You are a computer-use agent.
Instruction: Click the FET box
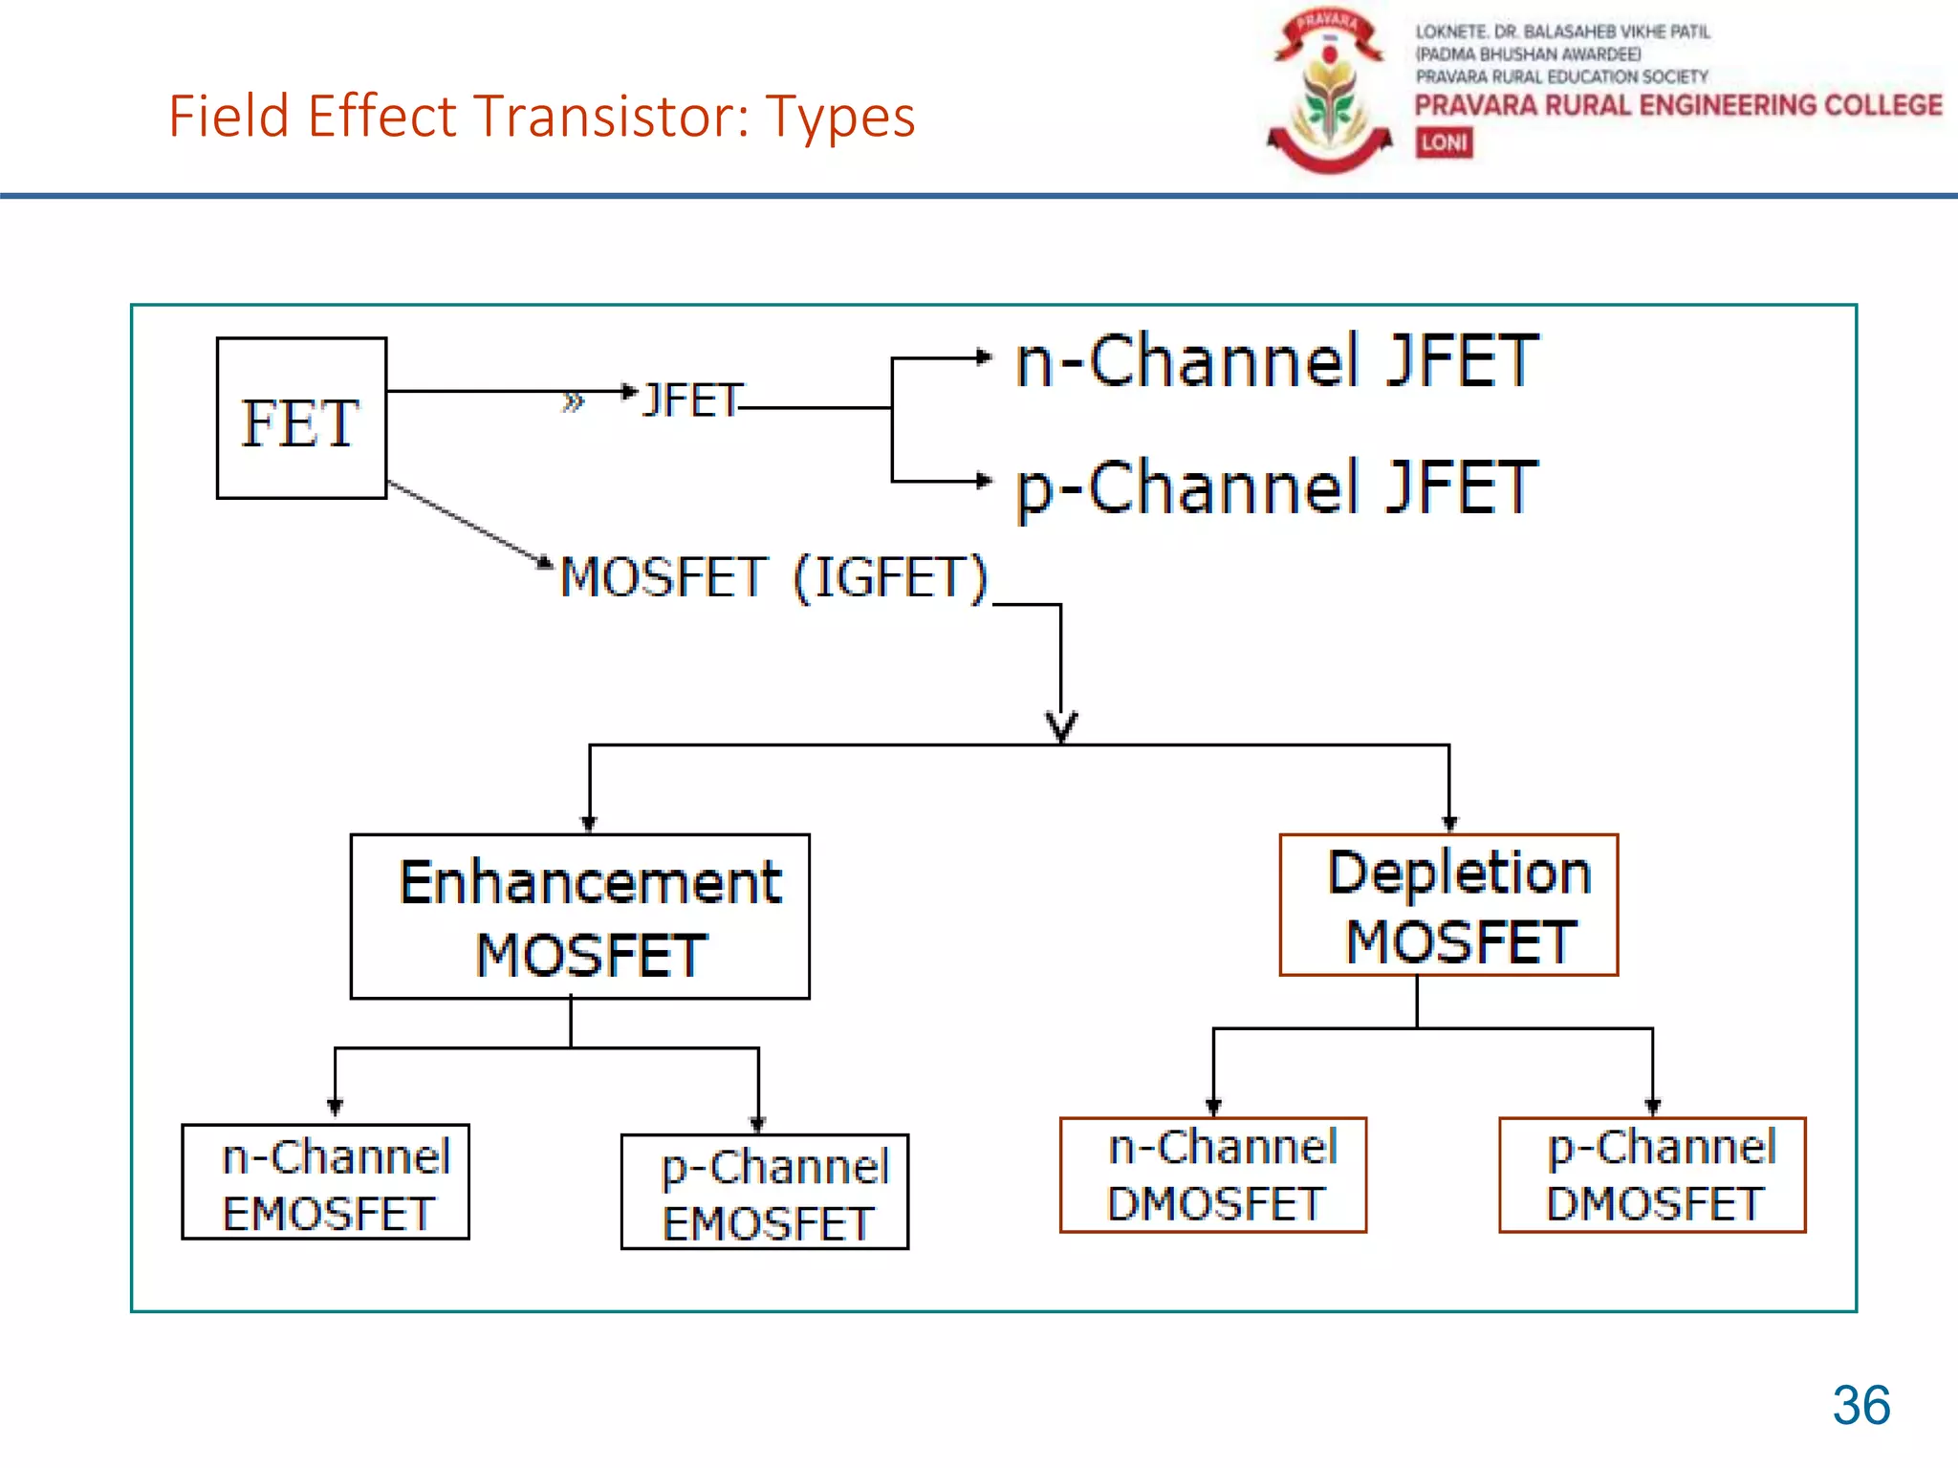(x=301, y=419)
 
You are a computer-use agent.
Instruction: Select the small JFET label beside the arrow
(x=692, y=399)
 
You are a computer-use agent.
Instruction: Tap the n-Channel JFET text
(x=1276, y=361)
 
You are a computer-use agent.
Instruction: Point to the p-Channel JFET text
(x=1276, y=487)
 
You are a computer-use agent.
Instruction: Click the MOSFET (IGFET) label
(x=772, y=577)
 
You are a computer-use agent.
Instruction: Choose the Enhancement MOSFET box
(x=579, y=917)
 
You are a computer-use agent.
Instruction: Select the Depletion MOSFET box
(x=1448, y=905)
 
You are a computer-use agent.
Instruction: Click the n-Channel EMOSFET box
(x=326, y=1182)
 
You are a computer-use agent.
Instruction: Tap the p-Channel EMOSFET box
(x=765, y=1192)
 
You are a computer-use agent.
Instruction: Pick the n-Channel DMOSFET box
(x=1213, y=1175)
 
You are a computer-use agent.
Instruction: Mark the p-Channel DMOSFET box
(x=1652, y=1175)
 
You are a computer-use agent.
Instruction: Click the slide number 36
(x=1860, y=1405)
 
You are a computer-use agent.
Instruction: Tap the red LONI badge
(x=1444, y=142)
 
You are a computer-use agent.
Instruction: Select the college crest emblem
(x=1329, y=91)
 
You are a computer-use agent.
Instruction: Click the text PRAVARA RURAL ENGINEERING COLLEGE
(x=1678, y=105)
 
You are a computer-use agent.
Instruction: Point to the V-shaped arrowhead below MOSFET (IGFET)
(x=1061, y=727)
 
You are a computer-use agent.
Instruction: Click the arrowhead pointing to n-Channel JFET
(x=983, y=358)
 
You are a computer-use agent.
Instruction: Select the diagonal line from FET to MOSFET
(x=464, y=522)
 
